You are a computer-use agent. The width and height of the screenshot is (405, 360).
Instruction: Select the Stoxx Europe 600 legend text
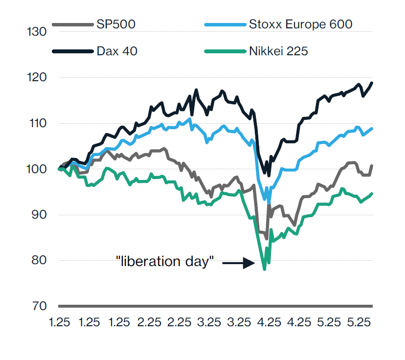[x=300, y=24]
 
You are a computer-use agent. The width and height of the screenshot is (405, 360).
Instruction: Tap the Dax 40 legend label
[x=117, y=51]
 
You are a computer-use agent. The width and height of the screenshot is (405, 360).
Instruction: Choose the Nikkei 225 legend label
[x=278, y=51]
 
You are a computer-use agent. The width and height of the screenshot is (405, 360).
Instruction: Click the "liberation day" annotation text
[x=165, y=261]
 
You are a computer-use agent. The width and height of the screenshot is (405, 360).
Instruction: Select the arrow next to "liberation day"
[x=239, y=263]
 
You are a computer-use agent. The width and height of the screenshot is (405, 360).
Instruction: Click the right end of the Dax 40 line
[x=372, y=83]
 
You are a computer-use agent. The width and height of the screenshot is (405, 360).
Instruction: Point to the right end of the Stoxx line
[x=372, y=129]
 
